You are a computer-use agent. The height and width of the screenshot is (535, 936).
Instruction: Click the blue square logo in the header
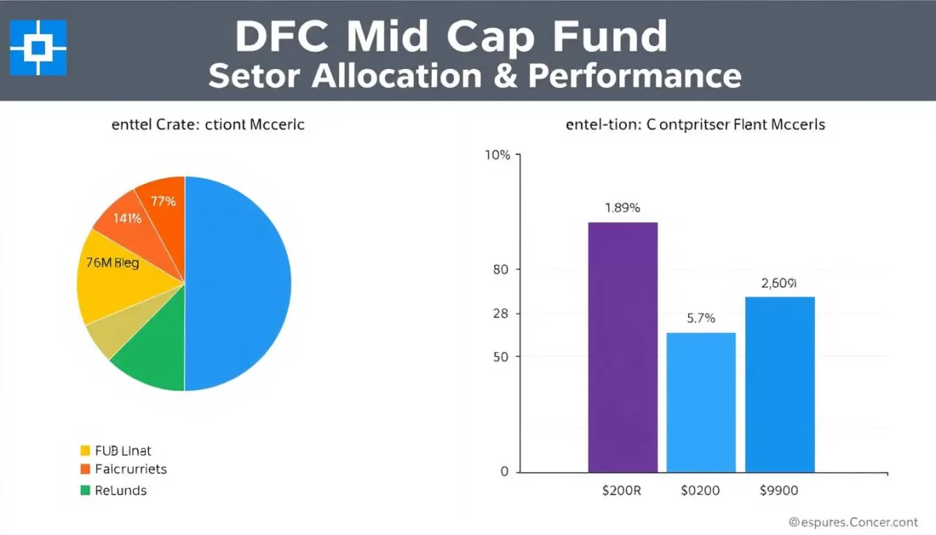point(38,48)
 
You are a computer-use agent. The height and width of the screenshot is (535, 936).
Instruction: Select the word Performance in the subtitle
point(635,76)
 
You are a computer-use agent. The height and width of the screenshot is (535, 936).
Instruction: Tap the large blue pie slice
point(238,283)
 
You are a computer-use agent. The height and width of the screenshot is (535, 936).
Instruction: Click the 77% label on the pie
point(162,201)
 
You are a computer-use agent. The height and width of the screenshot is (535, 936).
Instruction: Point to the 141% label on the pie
point(127,218)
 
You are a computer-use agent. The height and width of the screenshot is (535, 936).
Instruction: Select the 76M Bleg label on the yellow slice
point(112,263)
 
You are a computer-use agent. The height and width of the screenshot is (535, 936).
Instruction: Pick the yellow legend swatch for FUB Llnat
point(85,450)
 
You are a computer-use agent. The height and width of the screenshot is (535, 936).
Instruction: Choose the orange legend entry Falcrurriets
point(130,469)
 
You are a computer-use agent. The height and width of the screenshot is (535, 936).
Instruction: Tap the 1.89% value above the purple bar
point(622,208)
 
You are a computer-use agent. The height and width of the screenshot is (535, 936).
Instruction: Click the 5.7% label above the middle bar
point(701,319)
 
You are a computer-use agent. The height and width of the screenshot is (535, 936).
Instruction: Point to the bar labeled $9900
point(780,384)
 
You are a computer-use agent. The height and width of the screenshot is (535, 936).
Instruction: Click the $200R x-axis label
point(622,491)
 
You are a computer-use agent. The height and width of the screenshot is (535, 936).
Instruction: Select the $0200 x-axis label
point(701,491)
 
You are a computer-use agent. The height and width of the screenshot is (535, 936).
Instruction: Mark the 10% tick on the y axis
point(497,155)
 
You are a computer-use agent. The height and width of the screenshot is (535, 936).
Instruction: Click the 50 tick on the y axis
point(501,357)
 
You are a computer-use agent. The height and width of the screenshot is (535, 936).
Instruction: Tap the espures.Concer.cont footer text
point(853,522)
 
